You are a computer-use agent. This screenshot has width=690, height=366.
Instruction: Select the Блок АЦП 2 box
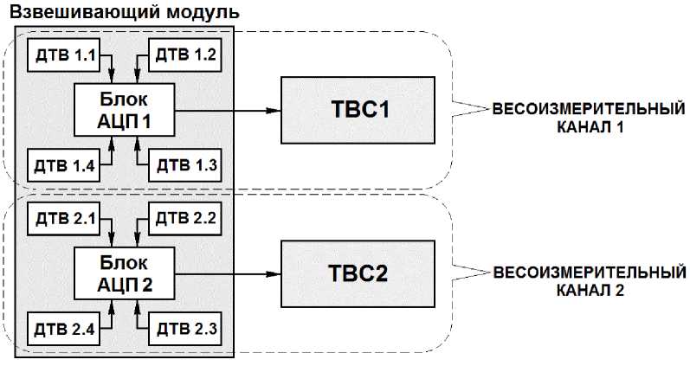tap(125, 274)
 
